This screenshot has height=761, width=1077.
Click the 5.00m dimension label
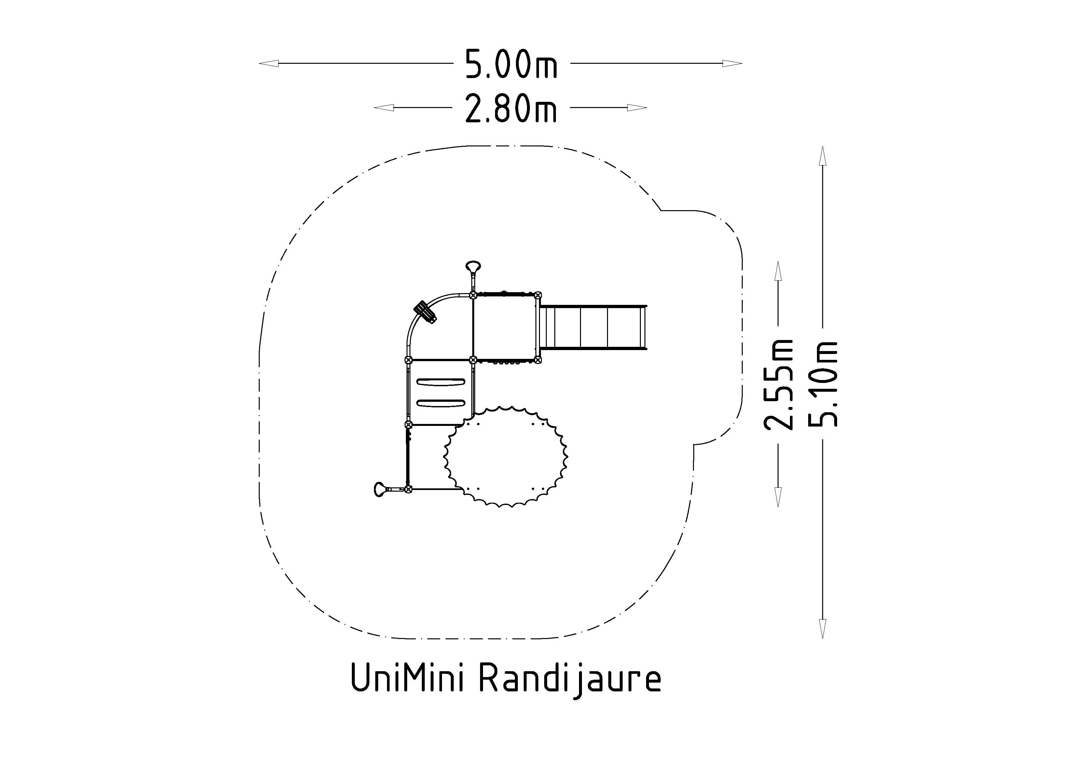point(511,64)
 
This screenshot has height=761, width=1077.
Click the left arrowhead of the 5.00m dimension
point(269,63)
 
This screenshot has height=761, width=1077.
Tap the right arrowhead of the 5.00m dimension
point(733,63)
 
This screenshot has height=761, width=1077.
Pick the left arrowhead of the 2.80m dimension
point(384,108)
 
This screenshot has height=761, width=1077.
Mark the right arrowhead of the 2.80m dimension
point(637,108)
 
